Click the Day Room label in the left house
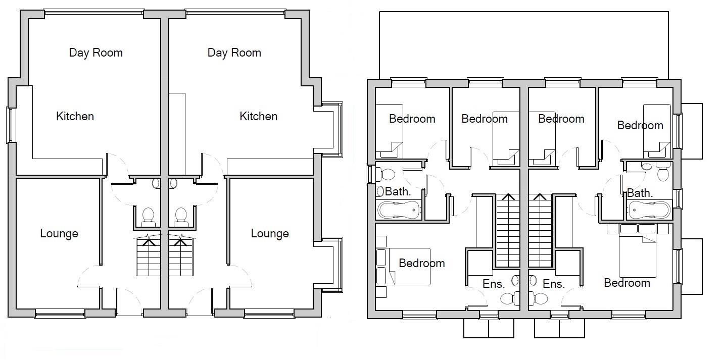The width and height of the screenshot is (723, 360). click(95, 53)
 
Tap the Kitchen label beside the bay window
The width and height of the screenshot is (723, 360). click(258, 116)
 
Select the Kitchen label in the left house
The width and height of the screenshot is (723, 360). click(75, 116)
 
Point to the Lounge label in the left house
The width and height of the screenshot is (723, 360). click(59, 233)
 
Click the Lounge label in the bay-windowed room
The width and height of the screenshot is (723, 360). click(270, 233)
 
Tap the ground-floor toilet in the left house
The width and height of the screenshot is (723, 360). click(148, 216)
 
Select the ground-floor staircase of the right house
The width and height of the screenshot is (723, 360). click(181, 258)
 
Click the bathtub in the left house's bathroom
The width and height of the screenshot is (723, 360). click(399, 209)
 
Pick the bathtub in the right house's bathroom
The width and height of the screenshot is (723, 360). click(649, 209)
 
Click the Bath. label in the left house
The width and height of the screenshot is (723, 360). click(398, 192)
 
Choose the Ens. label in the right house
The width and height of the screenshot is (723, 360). click(553, 284)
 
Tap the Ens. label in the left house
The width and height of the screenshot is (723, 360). click(494, 284)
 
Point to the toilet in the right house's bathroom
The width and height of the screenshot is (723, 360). click(663, 174)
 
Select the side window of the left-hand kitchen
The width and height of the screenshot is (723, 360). click(9, 124)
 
